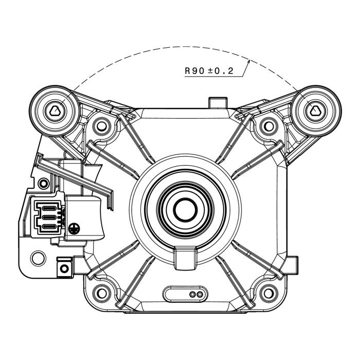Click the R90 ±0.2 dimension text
209,71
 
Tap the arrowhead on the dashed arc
248,61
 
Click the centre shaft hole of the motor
185,210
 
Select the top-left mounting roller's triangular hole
55,111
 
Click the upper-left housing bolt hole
101,126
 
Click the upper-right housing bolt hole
268,126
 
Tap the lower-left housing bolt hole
101,293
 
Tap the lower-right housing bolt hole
268,293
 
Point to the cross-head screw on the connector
74,229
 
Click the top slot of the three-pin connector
48,208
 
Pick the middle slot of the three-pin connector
48,217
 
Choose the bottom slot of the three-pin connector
48,227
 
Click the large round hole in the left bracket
39,258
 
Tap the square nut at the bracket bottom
64,268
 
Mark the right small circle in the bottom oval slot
200,294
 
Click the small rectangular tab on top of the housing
218,103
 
